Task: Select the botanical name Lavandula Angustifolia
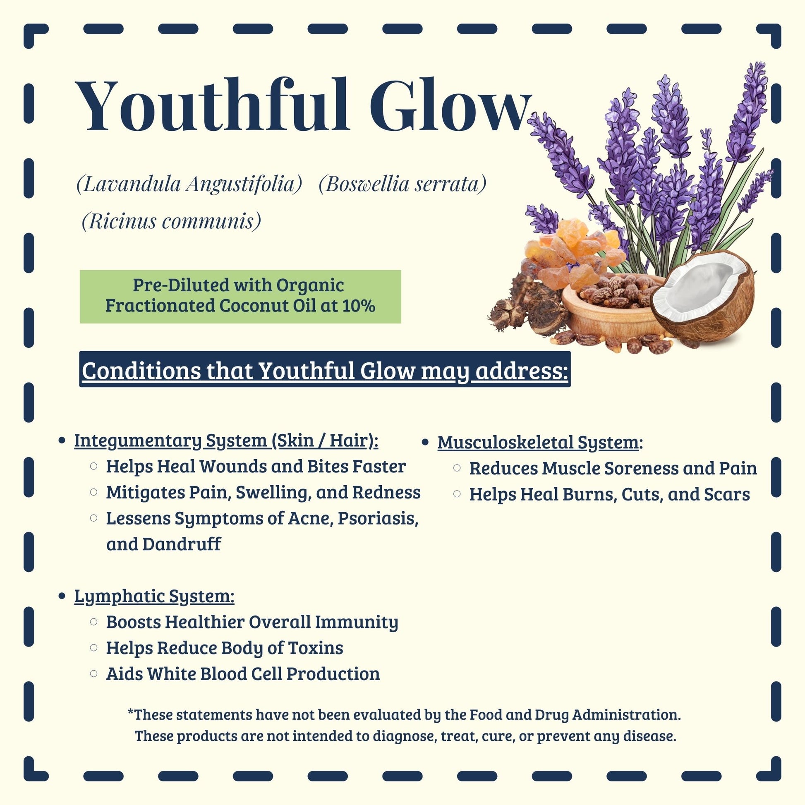[x=189, y=184]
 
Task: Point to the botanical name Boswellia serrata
[x=402, y=184]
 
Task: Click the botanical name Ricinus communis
[x=171, y=221]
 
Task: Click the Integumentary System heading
[x=226, y=441]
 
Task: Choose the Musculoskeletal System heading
[x=538, y=443]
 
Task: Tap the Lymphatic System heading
[x=154, y=596]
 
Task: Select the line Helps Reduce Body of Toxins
[x=225, y=648]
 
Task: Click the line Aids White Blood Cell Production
[x=243, y=674]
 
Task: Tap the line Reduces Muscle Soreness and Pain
[x=613, y=468]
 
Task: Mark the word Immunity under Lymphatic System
[x=356, y=623]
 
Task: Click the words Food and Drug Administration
[x=575, y=715]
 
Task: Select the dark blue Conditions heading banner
[x=325, y=369]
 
